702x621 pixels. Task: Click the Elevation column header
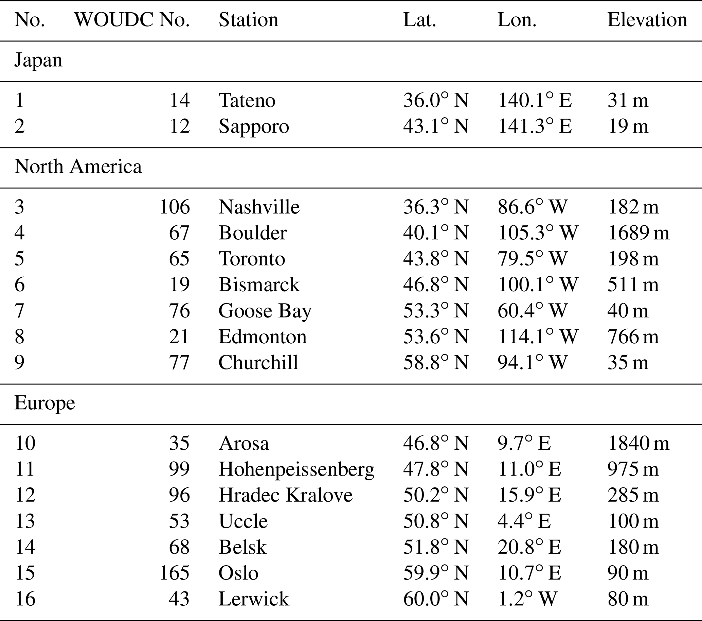tap(647, 20)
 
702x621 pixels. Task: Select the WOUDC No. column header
tap(132, 20)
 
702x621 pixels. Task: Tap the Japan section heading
tap(38, 61)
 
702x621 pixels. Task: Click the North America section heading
tap(78, 167)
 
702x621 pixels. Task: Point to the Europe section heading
tap(44, 403)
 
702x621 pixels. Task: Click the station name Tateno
tap(247, 101)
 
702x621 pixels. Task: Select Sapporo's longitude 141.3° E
tap(535, 126)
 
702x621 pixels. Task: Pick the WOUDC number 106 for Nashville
tap(175, 207)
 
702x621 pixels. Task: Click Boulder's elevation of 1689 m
tap(638, 233)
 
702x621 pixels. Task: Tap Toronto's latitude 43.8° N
tap(436, 259)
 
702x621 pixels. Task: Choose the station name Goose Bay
tap(265, 311)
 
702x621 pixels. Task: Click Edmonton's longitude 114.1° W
tap(538, 337)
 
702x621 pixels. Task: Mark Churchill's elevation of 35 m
tap(628, 363)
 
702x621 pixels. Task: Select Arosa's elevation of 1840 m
tap(638, 443)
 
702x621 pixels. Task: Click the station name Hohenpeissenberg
tap(296, 469)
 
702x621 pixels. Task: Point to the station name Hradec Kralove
tap(285, 495)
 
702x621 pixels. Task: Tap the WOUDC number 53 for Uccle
tap(179, 521)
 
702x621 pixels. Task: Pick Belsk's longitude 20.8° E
tap(529, 547)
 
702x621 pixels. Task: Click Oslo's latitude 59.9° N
tap(436, 573)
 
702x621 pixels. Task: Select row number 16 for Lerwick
tap(25, 599)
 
